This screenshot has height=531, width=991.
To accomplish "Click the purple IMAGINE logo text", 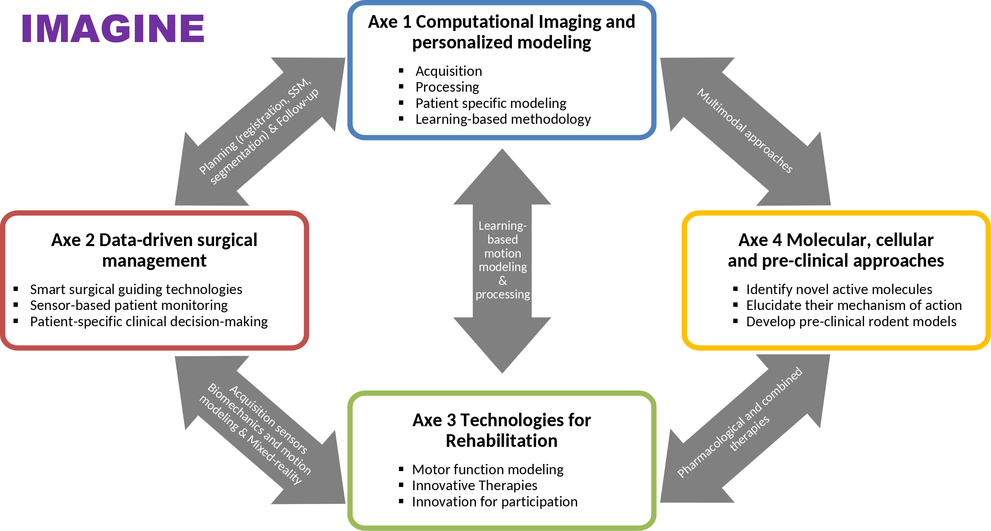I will click(x=113, y=28).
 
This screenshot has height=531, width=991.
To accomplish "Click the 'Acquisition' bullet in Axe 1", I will click(x=449, y=71).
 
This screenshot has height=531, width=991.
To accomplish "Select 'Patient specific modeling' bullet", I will click(x=491, y=104).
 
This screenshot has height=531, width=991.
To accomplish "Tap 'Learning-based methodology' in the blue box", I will click(x=503, y=119).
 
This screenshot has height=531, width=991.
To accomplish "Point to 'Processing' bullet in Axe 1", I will click(x=447, y=87).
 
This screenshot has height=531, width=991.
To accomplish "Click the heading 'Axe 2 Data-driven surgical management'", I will click(x=154, y=250).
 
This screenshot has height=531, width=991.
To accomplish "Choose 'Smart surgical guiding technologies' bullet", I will click(x=136, y=290).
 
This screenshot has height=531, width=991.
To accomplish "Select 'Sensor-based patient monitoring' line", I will click(x=129, y=306).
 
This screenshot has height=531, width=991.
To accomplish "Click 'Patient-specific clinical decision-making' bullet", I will click(x=149, y=322).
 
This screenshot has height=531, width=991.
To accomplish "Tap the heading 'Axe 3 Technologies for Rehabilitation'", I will click(x=501, y=430).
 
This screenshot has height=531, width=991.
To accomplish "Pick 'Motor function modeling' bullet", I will click(x=487, y=470).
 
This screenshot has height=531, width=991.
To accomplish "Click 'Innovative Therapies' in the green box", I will click(x=474, y=486).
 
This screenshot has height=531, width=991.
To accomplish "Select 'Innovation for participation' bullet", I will click(x=495, y=502).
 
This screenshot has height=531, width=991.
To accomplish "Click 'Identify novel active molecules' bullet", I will click(x=839, y=290).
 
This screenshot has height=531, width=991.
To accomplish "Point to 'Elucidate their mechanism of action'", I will click(x=854, y=306).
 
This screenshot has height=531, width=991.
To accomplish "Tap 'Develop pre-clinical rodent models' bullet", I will click(x=851, y=322).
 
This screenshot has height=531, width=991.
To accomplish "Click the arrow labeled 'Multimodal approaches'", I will click(x=745, y=131).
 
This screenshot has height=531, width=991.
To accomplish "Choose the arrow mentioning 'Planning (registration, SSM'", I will click(x=260, y=131).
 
